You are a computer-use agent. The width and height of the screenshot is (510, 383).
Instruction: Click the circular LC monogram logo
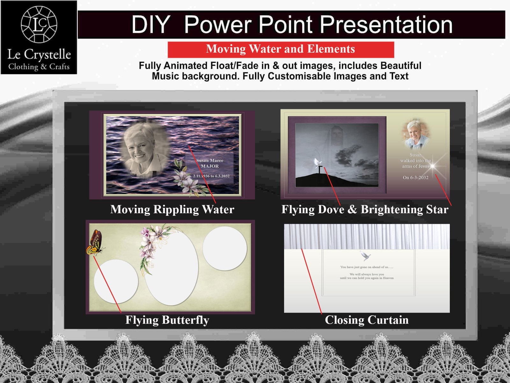point(39,24)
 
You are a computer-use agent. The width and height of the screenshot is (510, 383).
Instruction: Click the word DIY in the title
point(150,25)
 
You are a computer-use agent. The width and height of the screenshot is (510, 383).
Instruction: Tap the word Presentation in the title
point(386,25)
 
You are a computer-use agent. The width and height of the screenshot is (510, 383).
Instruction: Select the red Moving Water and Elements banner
point(281,49)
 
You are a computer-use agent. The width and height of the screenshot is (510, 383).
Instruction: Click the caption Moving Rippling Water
point(172,209)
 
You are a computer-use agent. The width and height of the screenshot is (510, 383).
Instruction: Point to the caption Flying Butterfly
point(167,320)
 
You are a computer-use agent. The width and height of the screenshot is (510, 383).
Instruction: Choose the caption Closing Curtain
point(367,320)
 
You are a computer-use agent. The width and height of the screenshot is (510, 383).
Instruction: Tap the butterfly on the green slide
point(95,243)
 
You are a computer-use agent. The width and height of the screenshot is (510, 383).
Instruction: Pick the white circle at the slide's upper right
point(225,248)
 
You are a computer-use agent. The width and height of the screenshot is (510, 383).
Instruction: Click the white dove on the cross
point(317,163)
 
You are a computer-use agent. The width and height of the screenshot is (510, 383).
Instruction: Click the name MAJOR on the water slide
point(210,166)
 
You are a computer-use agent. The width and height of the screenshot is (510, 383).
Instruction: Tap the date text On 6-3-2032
point(416,177)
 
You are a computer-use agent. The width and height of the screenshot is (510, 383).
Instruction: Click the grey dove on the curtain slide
point(365,256)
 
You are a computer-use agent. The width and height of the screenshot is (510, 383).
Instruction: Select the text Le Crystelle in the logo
point(39,54)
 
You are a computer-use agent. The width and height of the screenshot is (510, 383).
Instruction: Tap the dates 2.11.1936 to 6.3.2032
point(211,176)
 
